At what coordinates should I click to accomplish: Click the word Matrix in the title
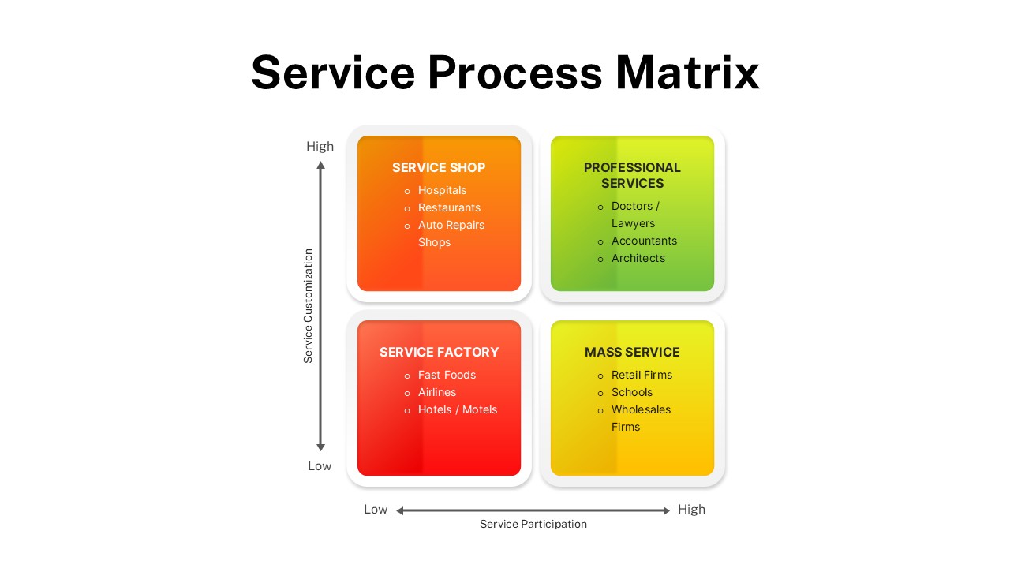tap(686, 73)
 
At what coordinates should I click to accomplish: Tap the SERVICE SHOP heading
tap(439, 167)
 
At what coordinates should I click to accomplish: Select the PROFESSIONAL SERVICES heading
tap(632, 175)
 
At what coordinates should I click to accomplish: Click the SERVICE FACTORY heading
tap(439, 352)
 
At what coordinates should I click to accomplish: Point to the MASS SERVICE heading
tap(632, 352)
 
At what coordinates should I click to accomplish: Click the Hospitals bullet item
tap(442, 190)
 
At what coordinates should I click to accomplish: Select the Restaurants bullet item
tap(449, 207)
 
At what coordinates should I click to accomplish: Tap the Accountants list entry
tap(644, 241)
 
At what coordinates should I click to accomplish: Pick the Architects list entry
tap(638, 258)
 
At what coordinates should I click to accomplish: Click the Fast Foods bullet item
tap(447, 375)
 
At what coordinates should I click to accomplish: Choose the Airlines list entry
tap(437, 392)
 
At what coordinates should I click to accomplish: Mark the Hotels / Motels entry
tap(458, 409)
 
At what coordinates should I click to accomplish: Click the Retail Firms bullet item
tap(642, 375)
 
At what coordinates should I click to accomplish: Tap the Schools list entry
tap(632, 392)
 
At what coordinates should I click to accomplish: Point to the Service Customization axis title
tap(309, 306)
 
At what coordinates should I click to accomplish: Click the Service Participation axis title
tap(533, 524)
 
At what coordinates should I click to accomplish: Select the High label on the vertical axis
tap(320, 146)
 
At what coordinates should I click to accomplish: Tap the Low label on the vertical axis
tap(320, 465)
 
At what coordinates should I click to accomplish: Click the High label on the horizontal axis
tap(691, 509)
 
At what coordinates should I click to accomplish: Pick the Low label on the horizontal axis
tap(376, 509)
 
